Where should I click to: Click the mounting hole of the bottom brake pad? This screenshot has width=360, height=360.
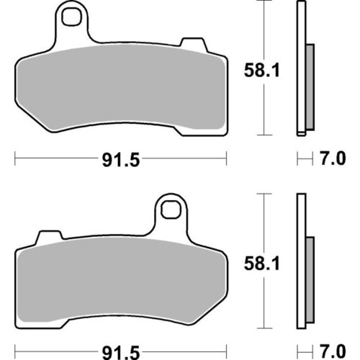tap(171, 210)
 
